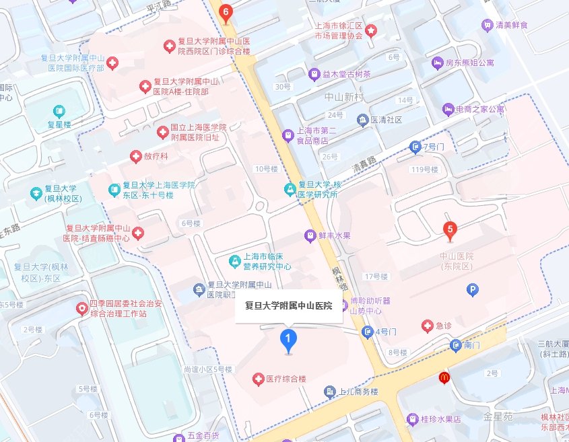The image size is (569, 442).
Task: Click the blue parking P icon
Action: click(x=473, y=289)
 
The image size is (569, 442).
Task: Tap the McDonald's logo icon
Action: click(x=444, y=378)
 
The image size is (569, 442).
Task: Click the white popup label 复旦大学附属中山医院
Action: click(x=289, y=306)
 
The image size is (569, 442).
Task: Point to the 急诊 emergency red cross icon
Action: click(x=427, y=326)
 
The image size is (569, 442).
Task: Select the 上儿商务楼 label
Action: click(x=360, y=392)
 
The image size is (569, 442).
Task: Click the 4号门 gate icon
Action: click(x=368, y=331)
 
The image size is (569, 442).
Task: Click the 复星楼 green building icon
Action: click(x=59, y=110)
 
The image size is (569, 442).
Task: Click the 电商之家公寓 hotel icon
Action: click(x=448, y=108)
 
